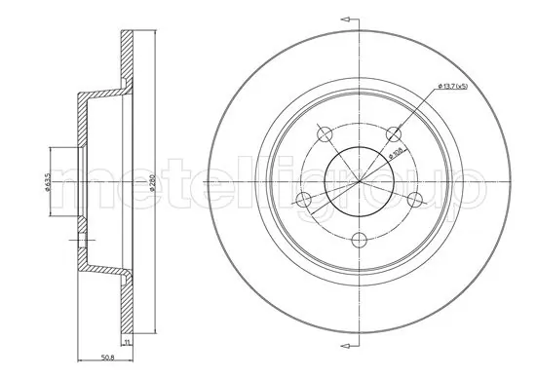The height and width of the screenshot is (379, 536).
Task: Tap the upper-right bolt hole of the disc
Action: (393, 133)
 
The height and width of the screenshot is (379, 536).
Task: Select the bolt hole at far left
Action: (303, 202)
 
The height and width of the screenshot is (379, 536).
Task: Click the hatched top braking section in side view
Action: (126, 58)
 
